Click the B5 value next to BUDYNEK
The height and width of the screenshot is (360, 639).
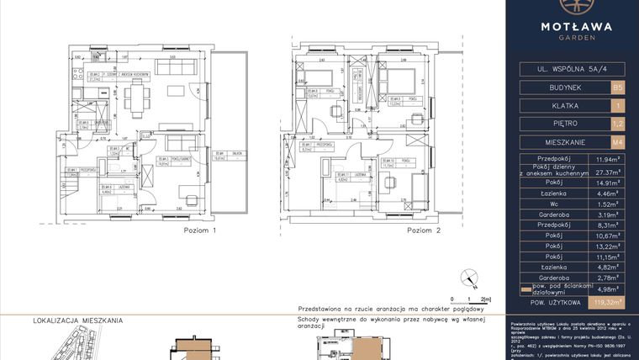618,87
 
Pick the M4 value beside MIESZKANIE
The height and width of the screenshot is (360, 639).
618,142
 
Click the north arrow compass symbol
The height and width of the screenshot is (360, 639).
468,277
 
